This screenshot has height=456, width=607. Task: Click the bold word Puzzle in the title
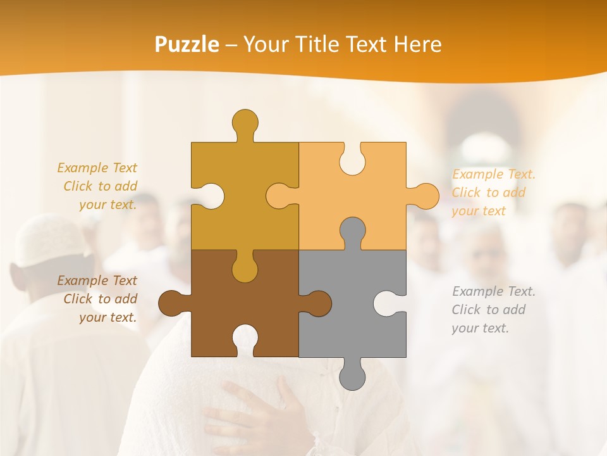tap(187, 44)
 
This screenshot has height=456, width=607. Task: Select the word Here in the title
tap(417, 44)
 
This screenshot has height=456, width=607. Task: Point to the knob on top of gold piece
tap(245, 122)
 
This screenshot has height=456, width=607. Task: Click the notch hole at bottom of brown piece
tap(245, 339)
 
